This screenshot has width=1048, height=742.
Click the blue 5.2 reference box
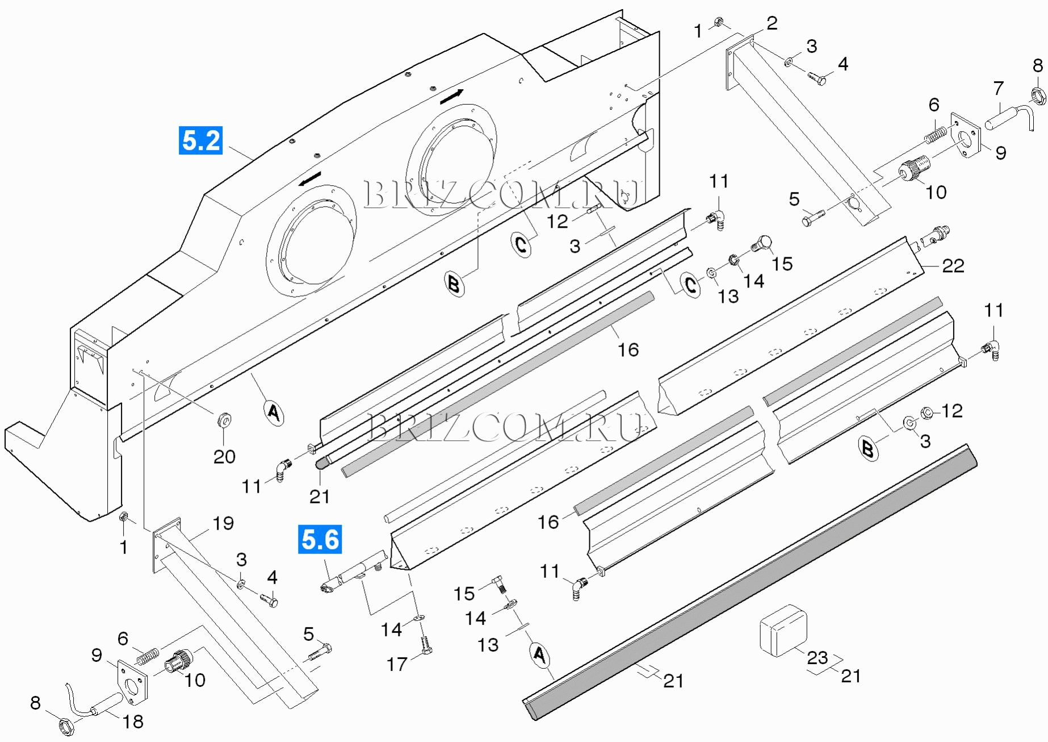pos(200,140)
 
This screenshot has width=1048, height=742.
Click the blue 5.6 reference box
pos(320,539)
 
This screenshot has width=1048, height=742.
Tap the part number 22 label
pos(953,266)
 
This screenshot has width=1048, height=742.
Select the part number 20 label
pos(224,456)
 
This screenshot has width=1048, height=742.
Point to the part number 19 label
pos(223,523)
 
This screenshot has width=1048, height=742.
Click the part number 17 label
pos(397,664)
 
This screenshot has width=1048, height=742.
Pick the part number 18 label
pos(133,722)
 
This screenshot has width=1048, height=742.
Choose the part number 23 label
pos(817,657)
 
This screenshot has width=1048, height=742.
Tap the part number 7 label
pos(999,88)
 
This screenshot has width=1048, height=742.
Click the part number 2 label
pos(772,23)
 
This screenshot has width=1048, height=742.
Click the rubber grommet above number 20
pos(224,421)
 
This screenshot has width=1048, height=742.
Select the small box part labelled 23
pos(783,630)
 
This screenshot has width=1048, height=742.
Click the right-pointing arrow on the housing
pos(452,96)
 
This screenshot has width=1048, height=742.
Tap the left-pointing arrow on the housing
pos(311,178)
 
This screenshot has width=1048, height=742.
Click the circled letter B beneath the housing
pos(454,283)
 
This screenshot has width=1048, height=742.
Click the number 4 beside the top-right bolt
pos(843,64)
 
